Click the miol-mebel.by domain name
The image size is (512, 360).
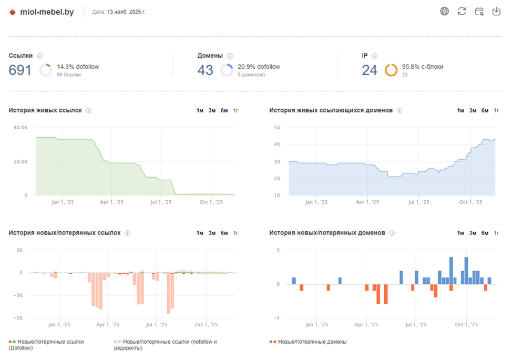[47, 12]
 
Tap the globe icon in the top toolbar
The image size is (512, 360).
[444, 12]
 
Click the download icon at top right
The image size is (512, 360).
[496, 12]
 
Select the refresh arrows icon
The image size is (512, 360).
[462, 12]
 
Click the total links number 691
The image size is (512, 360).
[20, 70]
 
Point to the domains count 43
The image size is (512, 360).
[205, 70]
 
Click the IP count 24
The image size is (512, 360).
[370, 70]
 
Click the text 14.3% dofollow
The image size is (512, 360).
[78, 67]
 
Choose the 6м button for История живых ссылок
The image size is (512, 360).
[224, 111]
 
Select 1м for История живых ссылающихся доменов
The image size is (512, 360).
[460, 111]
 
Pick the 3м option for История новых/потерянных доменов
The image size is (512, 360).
[473, 233]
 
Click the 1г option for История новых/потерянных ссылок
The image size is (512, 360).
[235, 233]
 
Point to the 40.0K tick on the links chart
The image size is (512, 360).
[21, 128]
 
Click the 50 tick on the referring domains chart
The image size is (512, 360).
[277, 128]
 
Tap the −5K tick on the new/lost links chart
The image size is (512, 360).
[18, 318]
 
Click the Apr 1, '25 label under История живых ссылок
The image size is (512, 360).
[111, 202]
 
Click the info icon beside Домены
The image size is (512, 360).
[230, 56]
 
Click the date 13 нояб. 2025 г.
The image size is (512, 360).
[126, 12]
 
